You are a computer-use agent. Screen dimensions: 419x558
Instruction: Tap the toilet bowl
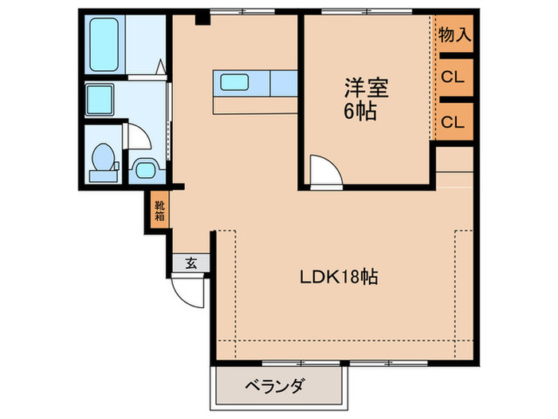click(x=102, y=159)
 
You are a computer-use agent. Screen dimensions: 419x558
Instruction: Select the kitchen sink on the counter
click(x=236, y=81)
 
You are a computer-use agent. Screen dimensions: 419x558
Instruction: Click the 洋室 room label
click(x=360, y=87)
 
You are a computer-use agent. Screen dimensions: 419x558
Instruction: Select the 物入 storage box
click(x=454, y=35)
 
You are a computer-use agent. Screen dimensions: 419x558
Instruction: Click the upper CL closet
click(x=454, y=78)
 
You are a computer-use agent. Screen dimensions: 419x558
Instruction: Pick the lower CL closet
click(x=454, y=122)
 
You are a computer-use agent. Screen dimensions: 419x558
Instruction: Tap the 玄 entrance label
click(x=192, y=263)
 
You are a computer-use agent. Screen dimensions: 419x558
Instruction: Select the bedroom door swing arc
click(x=324, y=172)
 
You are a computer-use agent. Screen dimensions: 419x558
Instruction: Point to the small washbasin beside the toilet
click(x=144, y=168)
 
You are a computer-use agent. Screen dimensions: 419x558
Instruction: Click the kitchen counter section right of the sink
click(x=283, y=81)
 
